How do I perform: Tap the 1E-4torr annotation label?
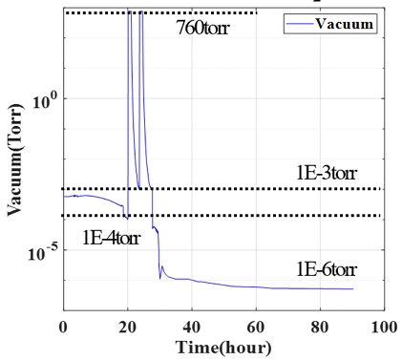coord(106,238)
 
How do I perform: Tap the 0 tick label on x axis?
coord(63,327)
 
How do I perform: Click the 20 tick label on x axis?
coord(127,327)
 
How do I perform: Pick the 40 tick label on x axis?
coord(191,327)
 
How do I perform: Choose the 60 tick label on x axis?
coord(255,327)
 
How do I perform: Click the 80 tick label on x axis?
coord(319,327)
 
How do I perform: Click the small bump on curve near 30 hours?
coord(162,267)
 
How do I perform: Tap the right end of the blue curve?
coord(352,289)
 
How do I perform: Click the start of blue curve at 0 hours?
coord(64,197)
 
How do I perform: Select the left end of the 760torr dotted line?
coord(65,12)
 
